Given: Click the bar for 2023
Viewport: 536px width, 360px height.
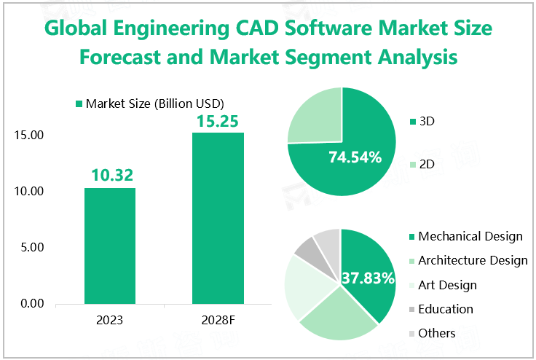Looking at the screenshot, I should pos(109,246).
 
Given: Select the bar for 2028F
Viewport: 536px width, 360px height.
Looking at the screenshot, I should pos(217,218).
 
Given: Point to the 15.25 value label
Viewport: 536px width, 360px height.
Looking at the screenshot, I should pos(217,120).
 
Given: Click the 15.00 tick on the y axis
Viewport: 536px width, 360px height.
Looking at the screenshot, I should pos(29,136).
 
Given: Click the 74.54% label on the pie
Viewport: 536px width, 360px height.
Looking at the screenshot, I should pos(355,157).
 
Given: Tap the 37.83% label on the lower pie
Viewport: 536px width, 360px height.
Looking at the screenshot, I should pos(368,278).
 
